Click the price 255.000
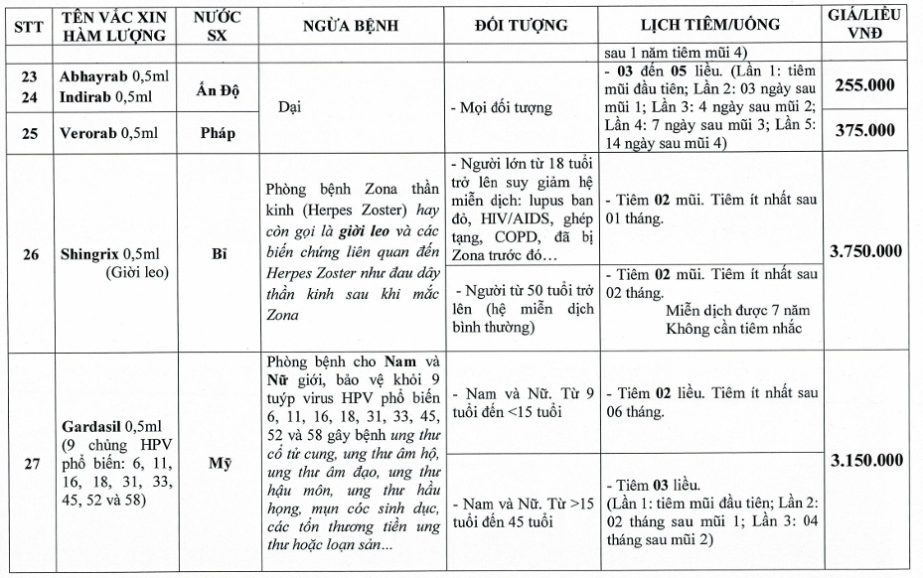click(x=863, y=87)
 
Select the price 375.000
click(x=863, y=131)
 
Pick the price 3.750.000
click(x=863, y=251)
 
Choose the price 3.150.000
click(x=863, y=461)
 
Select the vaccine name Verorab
click(x=86, y=132)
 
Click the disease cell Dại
click(x=290, y=107)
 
